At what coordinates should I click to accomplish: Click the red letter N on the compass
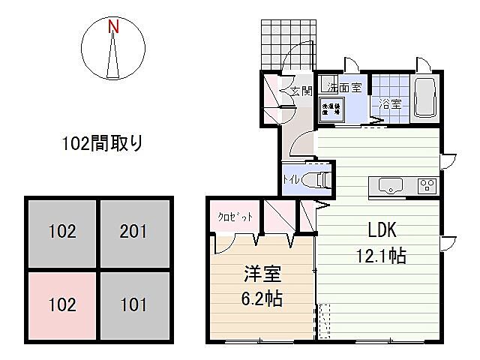[x=114, y=27]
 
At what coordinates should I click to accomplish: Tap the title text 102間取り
[x=102, y=142]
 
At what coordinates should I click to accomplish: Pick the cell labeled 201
[x=136, y=232]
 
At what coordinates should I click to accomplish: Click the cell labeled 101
[x=136, y=306]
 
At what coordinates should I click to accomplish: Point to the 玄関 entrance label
[x=301, y=91]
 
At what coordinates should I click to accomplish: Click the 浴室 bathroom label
[x=389, y=104]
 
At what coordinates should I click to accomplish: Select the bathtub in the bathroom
[x=424, y=97]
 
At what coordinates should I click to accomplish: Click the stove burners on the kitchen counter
[x=427, y=184]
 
